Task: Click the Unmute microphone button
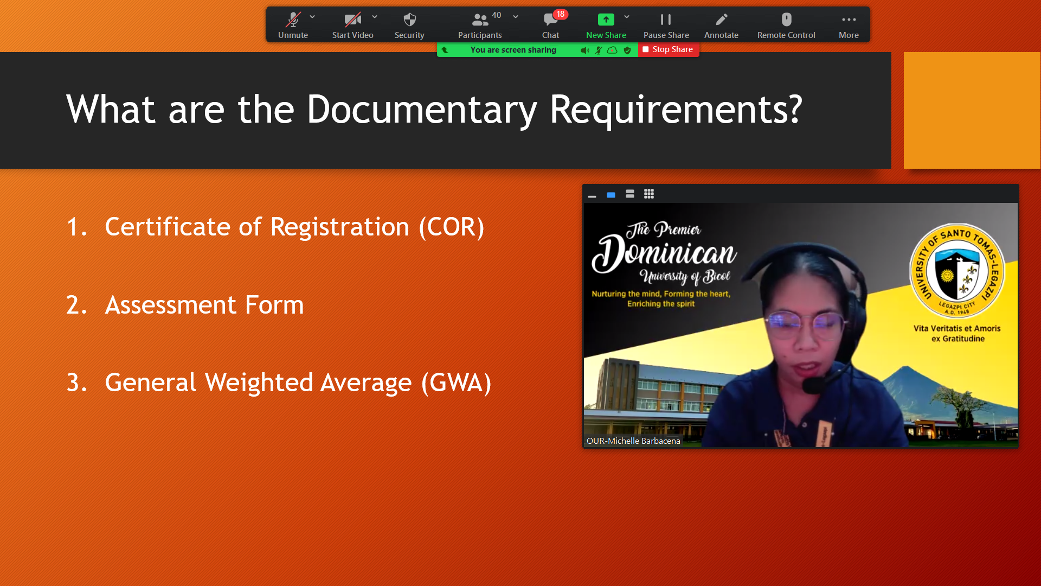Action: tap(293, 26)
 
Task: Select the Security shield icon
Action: tap(410, 20)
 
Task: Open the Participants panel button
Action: tap(480, 26)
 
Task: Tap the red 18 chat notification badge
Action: tap(561, 14)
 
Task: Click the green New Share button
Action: tap(606, 26)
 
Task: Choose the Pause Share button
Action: tap(666, 26)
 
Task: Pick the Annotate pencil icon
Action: tap(722, 20)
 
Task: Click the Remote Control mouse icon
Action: tap(787, 20)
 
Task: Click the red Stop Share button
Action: tap(669, 49)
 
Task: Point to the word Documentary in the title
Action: tap(422, 110)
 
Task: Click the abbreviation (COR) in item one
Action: tap(452, 227)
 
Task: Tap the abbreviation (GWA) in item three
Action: tap(457, 383)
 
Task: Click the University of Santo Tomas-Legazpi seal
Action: tap(957, 271)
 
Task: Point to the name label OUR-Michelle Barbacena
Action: tap(633, 441)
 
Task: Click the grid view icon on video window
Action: tap(649, 194)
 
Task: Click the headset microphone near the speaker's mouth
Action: tap(813, 385)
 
